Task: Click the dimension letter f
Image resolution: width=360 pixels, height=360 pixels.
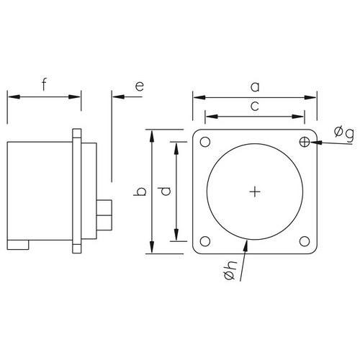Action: [x=44, y=84]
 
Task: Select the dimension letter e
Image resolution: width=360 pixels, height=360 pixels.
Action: [x=140, y=86]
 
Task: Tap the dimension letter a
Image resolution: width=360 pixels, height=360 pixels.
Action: [x=255, y=87]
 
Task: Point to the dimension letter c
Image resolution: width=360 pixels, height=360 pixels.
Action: [x=255, y=106]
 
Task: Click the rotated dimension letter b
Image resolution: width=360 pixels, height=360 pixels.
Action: [x=140, y=192]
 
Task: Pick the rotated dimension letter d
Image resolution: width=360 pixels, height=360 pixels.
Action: [x=165, y=192]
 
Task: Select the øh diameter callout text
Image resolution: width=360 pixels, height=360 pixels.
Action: [x=230, y=270]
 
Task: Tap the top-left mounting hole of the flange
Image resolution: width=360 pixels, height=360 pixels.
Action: [x=205, y=142]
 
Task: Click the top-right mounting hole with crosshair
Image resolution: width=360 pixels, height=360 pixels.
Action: [x=305, y=142]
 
